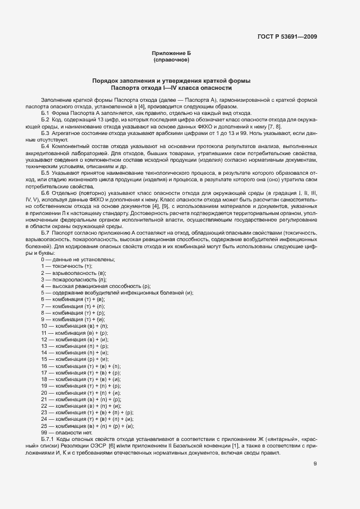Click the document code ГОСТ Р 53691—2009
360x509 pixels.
(x=288, y=37)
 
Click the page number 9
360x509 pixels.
(x=315, y=464)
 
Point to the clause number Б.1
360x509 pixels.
(x=45, y=113)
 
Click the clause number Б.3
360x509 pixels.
(x=45, y=133)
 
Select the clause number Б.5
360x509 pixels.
(x=45, y=172)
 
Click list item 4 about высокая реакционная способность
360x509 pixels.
(x=95, y=286)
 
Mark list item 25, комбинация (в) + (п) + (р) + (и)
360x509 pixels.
(x=87, y=425)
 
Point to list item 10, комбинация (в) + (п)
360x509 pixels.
(x=74, y=326)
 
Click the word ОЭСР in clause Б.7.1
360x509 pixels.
(x=98, y=445)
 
